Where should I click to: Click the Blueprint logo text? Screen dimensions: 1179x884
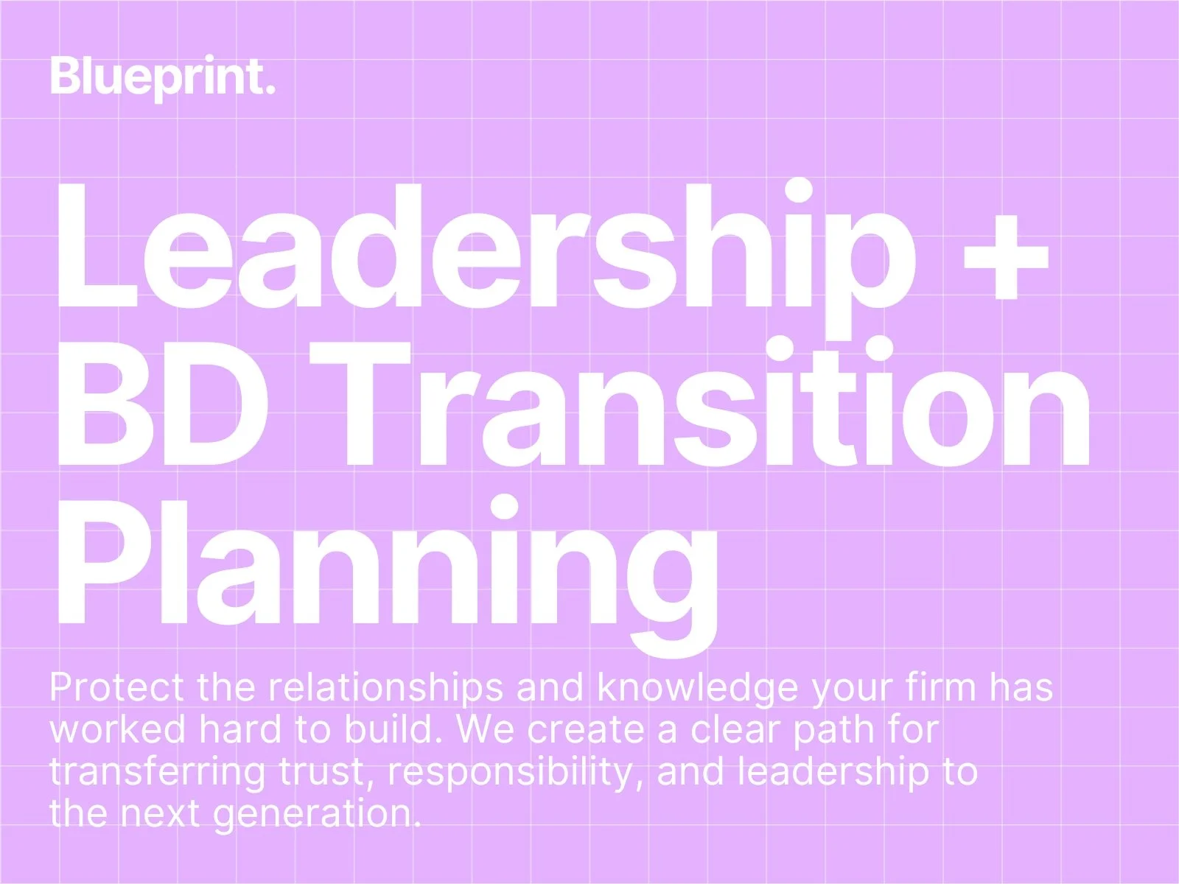point(162,78)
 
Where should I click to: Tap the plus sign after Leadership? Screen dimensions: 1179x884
point(1006,257)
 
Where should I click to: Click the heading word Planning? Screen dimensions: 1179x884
point(387,576)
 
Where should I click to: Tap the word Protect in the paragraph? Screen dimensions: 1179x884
point(116,687)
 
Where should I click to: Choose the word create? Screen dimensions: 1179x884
point(586,730)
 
